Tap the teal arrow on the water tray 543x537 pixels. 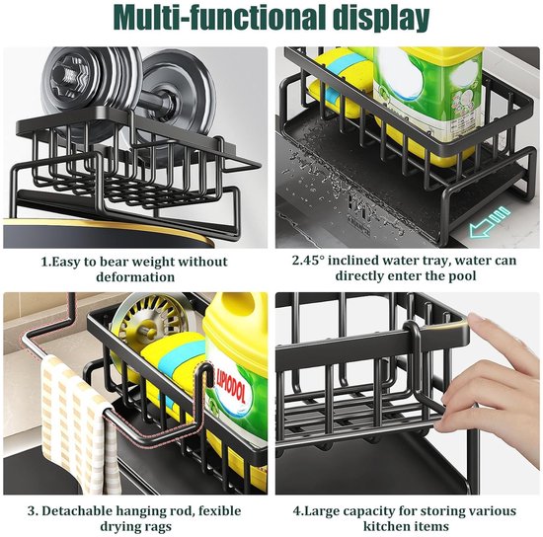pos(490,221)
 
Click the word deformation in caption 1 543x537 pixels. pos(135,277)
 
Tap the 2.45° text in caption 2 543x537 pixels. pos(308,261)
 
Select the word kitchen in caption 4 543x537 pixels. pos(384,526)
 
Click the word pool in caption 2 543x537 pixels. pos(462,276)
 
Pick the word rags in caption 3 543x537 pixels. pos(157,527)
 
